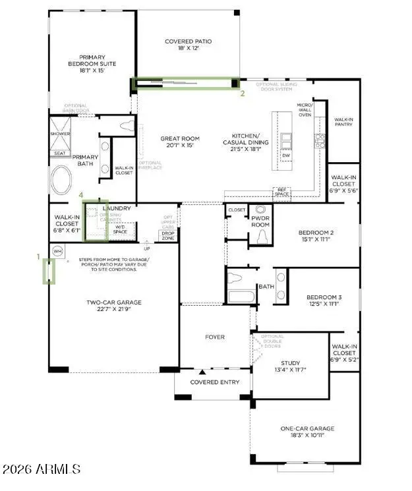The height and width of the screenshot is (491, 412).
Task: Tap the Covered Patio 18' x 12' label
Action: (x=188, y=45)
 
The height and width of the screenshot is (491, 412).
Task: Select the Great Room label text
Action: (x=178, y=142)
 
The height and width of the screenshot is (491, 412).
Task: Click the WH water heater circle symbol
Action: (x=57, y=251)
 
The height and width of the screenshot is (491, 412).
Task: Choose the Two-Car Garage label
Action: (x=113, y=306)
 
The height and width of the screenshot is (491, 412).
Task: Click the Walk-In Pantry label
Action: (x=343, y=123)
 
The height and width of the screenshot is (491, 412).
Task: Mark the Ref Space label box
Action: (x=282, y=192)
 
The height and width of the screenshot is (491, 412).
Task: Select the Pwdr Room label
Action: (x=261, y=221)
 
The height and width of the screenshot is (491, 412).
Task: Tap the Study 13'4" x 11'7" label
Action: (x=290, y=366)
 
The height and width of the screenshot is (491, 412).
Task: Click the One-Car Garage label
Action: (x=307, y=432)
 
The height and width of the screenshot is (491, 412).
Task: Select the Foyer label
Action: (x=214, y=337)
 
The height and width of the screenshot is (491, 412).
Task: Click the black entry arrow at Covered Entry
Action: (x=202, y=373)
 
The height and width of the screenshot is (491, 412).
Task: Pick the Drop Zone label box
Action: (x=168, y=235)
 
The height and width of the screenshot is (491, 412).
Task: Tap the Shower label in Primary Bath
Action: (x=60, y=134)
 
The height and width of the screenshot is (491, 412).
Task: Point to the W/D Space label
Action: (x=120, y=230)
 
